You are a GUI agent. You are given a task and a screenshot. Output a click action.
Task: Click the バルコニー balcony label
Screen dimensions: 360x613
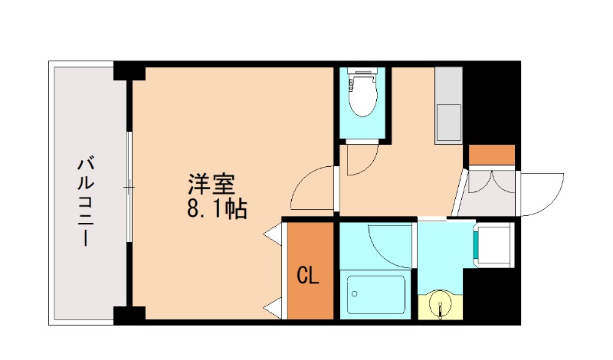click(86, 201)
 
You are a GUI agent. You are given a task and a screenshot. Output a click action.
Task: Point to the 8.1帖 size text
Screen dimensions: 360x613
click(217, 208)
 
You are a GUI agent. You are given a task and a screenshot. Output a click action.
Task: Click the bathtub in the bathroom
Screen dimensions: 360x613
click(375, 293)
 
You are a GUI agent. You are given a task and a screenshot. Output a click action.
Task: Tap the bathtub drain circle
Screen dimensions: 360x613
click(354, 292)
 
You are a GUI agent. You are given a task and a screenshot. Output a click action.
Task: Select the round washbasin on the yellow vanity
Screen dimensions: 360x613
click(441, 305)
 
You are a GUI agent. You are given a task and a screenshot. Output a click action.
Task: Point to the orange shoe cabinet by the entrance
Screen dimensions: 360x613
click(492, 155)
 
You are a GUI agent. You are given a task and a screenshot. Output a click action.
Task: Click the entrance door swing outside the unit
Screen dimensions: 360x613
click(540, 193)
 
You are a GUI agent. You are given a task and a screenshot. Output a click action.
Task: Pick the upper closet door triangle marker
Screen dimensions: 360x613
click(273, 234)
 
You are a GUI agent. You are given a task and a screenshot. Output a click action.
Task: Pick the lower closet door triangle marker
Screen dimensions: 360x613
click(273, 309)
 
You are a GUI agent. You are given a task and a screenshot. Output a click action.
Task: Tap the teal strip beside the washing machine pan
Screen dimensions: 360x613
click(477, 244)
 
